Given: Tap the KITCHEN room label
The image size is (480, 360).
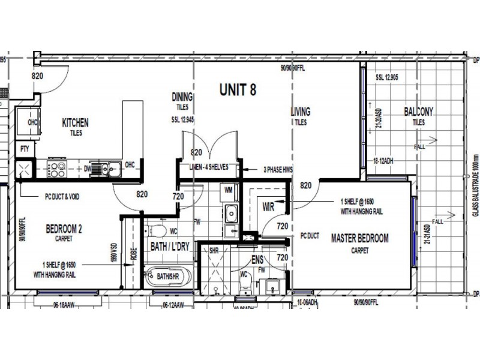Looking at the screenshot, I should (76, 123).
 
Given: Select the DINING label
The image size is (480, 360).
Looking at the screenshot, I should (182, 97).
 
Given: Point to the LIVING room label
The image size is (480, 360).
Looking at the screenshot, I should (300, 112).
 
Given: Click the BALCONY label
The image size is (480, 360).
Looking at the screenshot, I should (418, 112).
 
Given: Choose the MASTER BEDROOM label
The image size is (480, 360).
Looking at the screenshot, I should (360, 238).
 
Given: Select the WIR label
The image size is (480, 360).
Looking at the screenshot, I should (269, 207).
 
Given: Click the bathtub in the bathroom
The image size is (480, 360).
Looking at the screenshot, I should (167, 277).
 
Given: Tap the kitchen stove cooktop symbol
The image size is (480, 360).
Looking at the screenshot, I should (58, 169).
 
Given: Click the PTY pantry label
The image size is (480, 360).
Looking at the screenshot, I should (25, 148).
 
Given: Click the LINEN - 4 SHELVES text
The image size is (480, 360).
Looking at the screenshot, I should (208, 167).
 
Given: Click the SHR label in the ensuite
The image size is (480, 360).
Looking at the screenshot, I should (213, 251).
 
